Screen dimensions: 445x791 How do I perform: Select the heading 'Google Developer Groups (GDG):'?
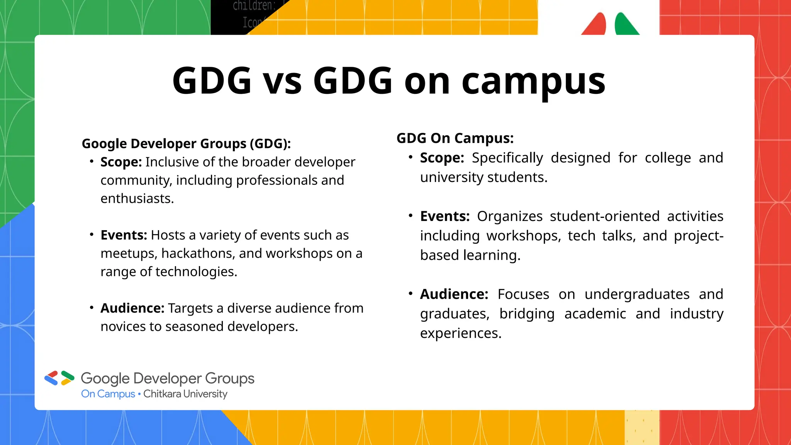(186, 144)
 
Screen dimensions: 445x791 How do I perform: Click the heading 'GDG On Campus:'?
(455, 138)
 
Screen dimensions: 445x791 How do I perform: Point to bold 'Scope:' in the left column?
(121, 162)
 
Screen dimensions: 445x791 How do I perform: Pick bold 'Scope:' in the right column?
(442, 158)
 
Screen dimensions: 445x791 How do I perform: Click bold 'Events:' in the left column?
(124, 235)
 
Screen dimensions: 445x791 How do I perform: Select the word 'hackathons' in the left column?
(198, 254)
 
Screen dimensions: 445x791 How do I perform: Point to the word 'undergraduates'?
(637, 294)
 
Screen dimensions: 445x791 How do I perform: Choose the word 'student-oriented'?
(604, 216)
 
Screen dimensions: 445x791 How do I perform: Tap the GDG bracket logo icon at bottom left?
(59, 378)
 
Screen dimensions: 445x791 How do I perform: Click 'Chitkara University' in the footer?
(185, 394)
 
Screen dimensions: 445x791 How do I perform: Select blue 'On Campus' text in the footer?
(108, 394)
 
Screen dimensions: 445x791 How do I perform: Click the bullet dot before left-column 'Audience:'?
(92, 308)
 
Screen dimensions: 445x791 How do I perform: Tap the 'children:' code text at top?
(254, 6)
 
